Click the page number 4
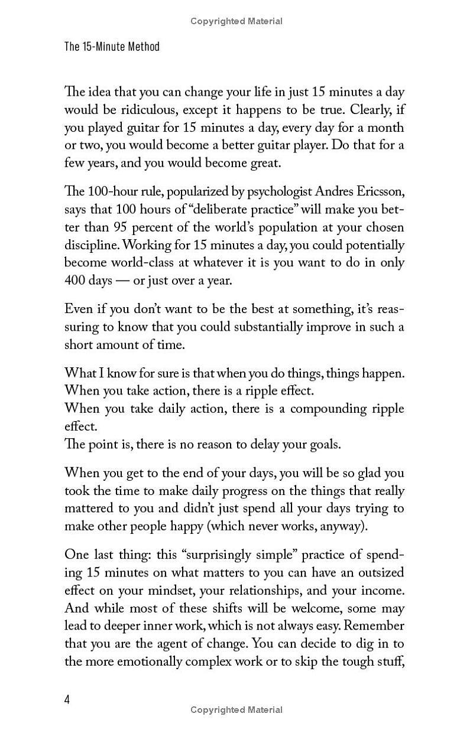click(67, 699)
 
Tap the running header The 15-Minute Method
click(112, 46)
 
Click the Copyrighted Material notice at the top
click(237, 21)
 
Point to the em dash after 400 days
click(122, 280)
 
